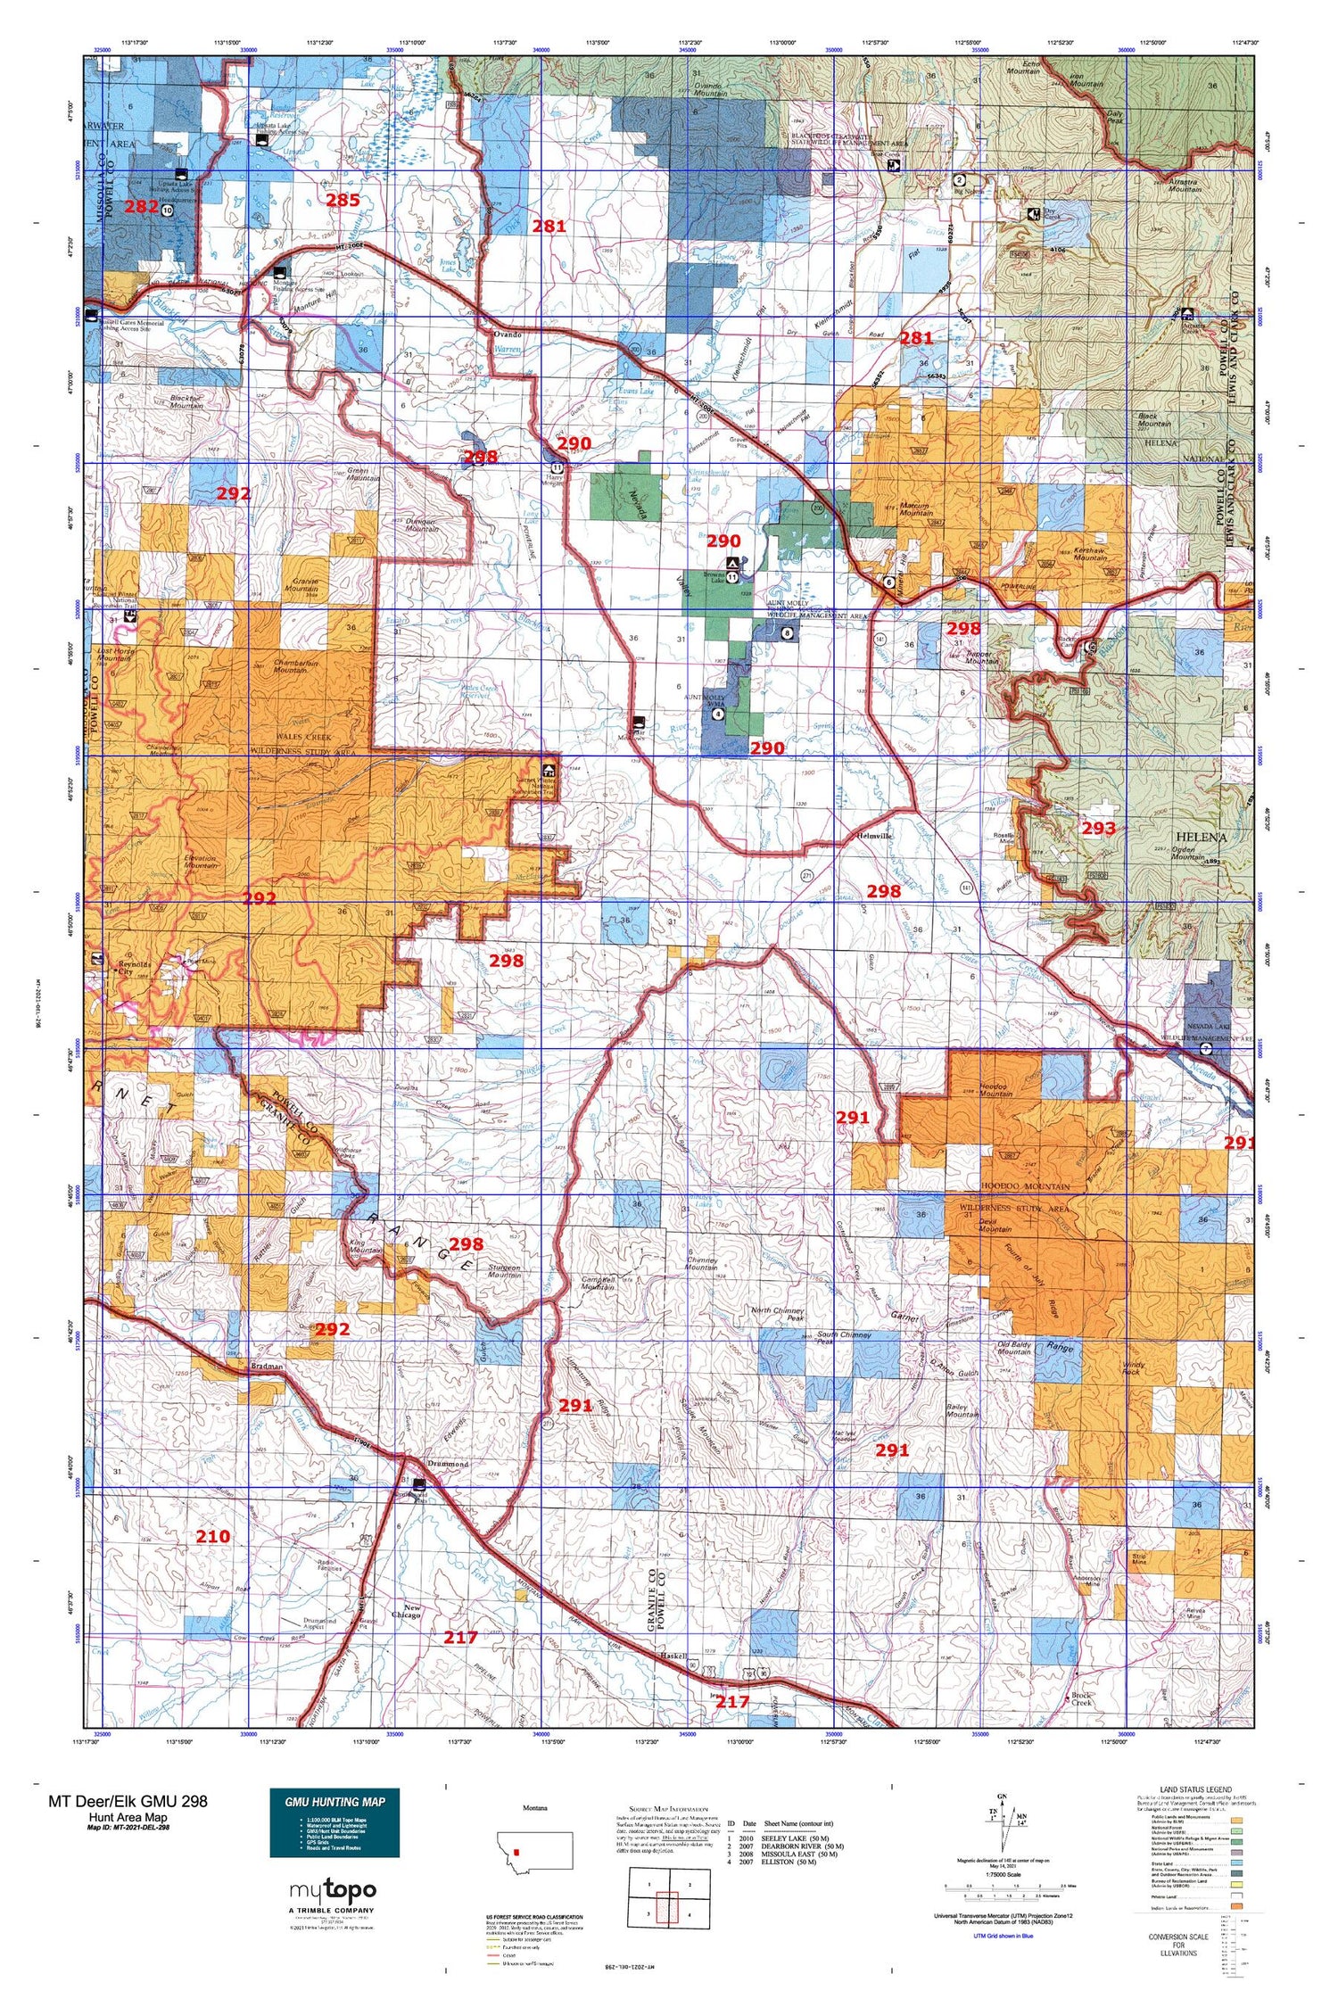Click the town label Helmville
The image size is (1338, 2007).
[876, 837]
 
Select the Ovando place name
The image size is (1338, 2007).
[507, 334]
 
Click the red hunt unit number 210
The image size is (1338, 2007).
[212, 1536]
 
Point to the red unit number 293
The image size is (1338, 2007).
[1098, 828]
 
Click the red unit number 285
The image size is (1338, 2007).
[343, 200]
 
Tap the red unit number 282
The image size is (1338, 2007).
[141, 206]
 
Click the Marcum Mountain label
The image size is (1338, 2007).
[915, 509]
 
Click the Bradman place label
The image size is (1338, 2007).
[267, 1366]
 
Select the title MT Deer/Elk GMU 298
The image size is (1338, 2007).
[128, 1801]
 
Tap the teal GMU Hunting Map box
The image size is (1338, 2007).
[334, 1822]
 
